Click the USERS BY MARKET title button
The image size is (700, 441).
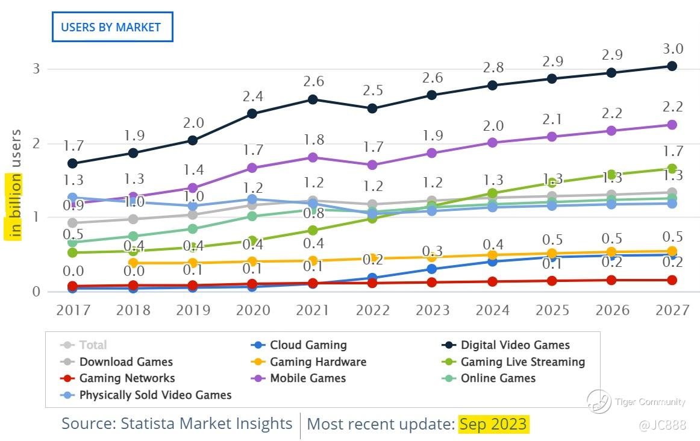[112, 27]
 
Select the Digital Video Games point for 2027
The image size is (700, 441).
[672, 66]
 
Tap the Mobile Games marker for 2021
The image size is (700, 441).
[313, 157]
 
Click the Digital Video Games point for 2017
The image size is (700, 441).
[73, 163]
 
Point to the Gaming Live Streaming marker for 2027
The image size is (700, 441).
[672, 169]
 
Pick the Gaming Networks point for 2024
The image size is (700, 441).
[492, 281]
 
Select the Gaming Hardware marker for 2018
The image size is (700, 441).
[133, 263]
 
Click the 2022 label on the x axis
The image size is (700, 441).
[373, 310]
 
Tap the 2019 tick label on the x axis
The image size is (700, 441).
[193, 310]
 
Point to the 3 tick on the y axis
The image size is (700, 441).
[36, 69]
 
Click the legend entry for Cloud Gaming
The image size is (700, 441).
[308, 345]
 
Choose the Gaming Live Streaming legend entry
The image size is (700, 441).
[522, 362]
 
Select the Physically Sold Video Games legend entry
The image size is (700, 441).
[155, 395]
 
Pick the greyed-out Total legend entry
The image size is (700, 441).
[93, 345]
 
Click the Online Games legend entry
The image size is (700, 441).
[498, 378]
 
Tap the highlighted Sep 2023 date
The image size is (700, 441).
[493, 424]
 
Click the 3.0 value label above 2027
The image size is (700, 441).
[672, 49]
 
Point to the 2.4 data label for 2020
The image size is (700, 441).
[253, 96]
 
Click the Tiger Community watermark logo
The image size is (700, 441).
[599, 402]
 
